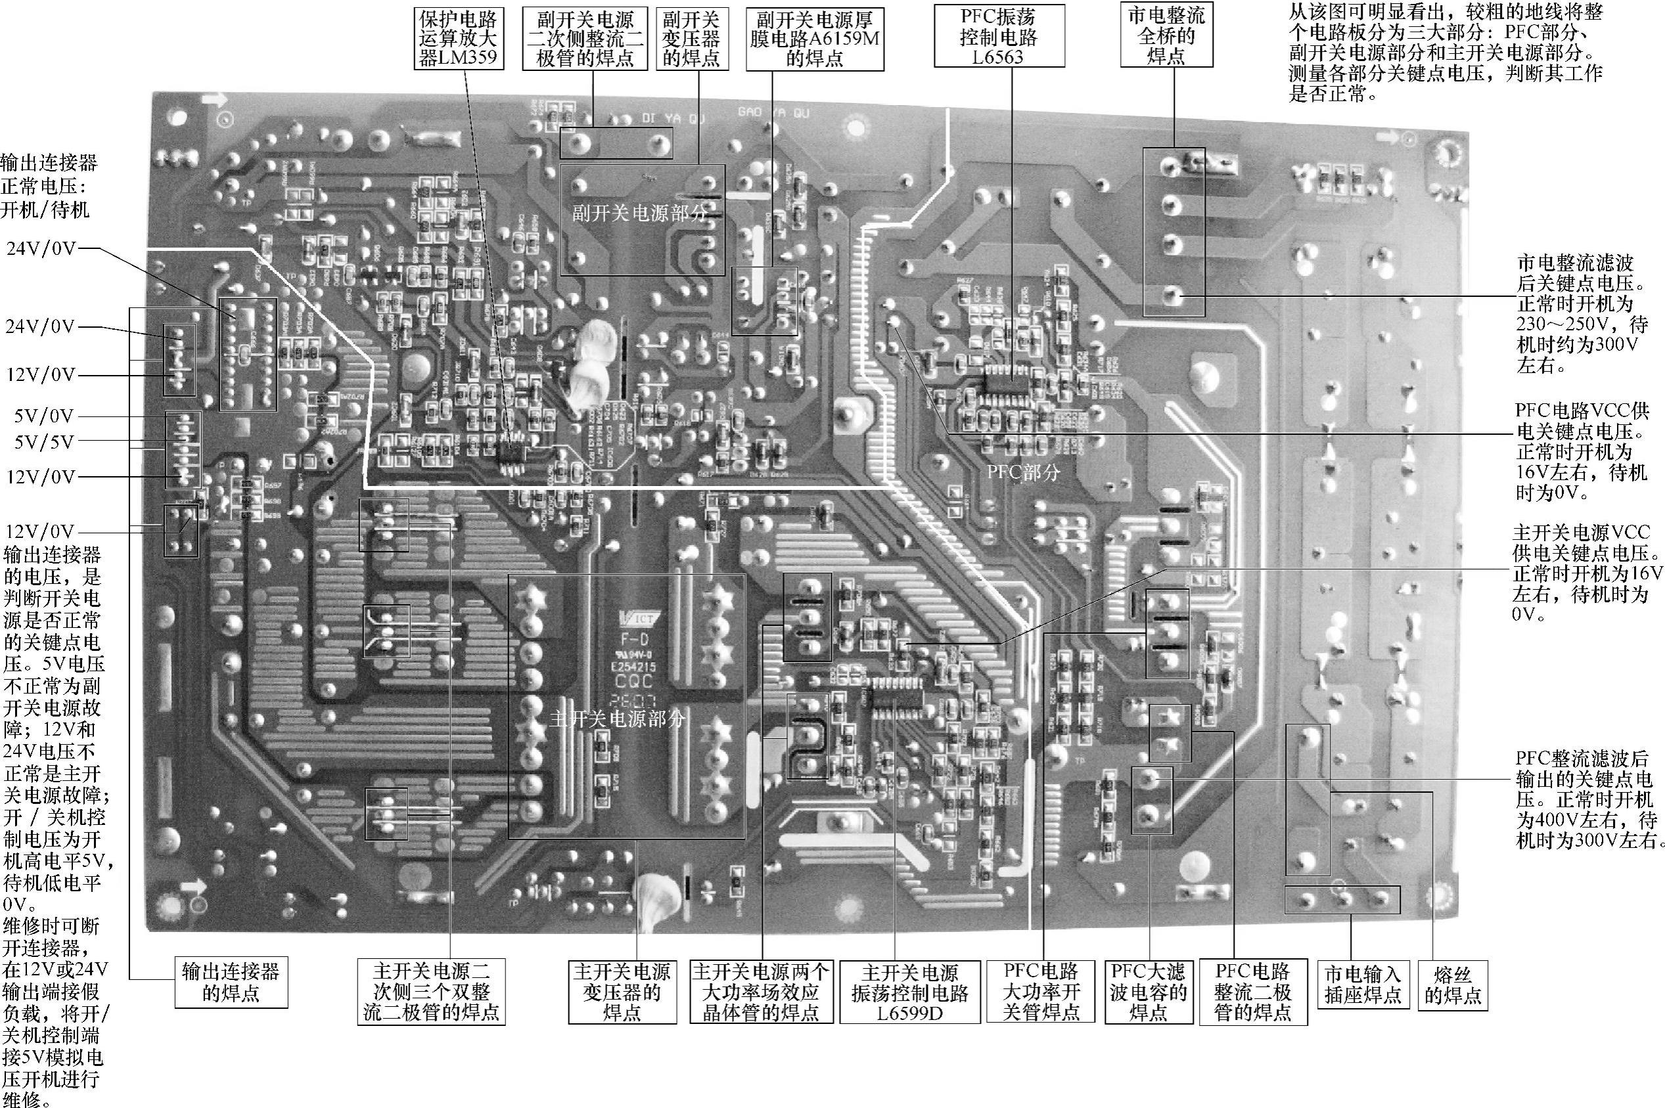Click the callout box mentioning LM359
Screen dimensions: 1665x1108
[x=459, y=38]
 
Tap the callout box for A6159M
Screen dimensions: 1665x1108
[x=815, y=39]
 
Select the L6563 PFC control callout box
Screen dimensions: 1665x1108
[x=998, y=37]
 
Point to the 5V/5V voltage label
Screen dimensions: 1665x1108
[x=44, y=443]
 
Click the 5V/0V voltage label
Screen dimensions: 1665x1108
[x=44, y=416]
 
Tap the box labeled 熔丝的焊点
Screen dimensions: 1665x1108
[x=1453, y=985]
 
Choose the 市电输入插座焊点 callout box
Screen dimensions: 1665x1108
[x=1363, y=985]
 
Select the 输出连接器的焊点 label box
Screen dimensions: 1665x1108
[x=231, y=981]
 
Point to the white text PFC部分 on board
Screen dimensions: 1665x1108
[x=1023, y=472]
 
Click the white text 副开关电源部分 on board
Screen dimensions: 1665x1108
[x=639, y=214]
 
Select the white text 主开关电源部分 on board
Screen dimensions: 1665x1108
[x=618, y=720]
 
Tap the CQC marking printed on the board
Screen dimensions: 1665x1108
[x=633, y=682]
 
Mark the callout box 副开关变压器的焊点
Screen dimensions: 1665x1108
[x=692, y=38]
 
